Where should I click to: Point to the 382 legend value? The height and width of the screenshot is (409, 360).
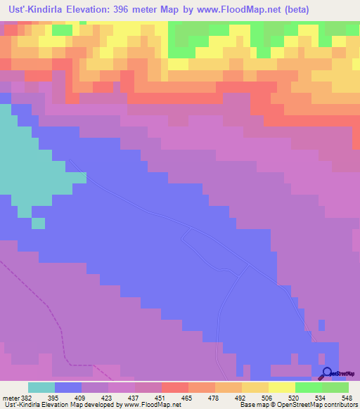pos(27,397)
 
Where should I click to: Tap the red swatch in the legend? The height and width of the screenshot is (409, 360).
pos(174,387)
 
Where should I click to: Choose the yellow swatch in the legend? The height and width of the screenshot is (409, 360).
pos(281,387)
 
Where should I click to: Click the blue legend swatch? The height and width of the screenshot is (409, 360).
pos(67,387)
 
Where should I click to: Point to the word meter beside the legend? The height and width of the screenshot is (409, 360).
pos(10,397)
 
